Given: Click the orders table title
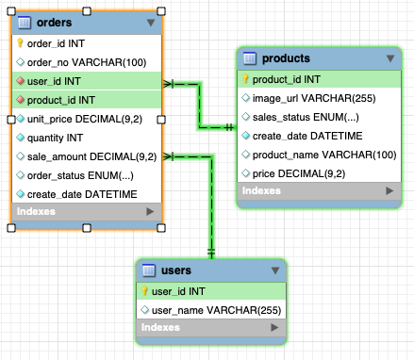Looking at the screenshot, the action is click(54, 23).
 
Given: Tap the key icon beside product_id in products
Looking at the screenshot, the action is click(245, 79).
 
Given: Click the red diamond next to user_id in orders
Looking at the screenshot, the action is click(21, 81).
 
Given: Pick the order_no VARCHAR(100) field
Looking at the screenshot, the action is click(87, 62).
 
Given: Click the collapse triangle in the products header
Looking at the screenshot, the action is click(390, 58).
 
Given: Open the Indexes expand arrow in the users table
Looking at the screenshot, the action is click(274, 327).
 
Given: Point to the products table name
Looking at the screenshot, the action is click(286, 58).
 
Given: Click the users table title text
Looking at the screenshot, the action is click(176, 270).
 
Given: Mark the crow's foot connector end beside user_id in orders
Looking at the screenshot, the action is click(168, 84).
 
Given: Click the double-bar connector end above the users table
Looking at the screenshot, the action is click(211, 252).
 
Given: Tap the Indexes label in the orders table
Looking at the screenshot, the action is click(36, 211).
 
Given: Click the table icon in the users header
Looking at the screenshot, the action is click(149, 270).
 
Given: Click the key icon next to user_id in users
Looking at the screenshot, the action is click(144, 291).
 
